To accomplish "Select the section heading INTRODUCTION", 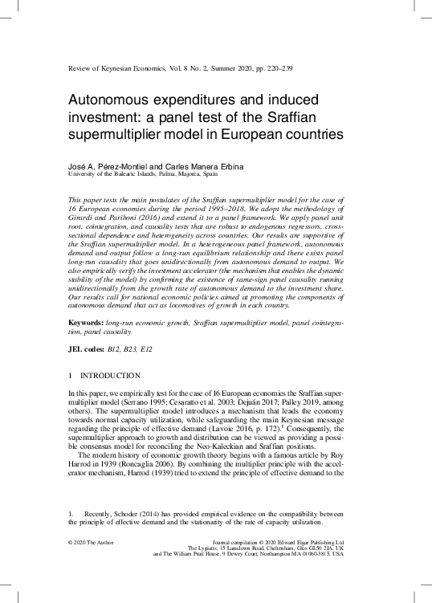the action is tap(111, 377).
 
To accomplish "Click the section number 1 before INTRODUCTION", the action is tap(71, 377).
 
